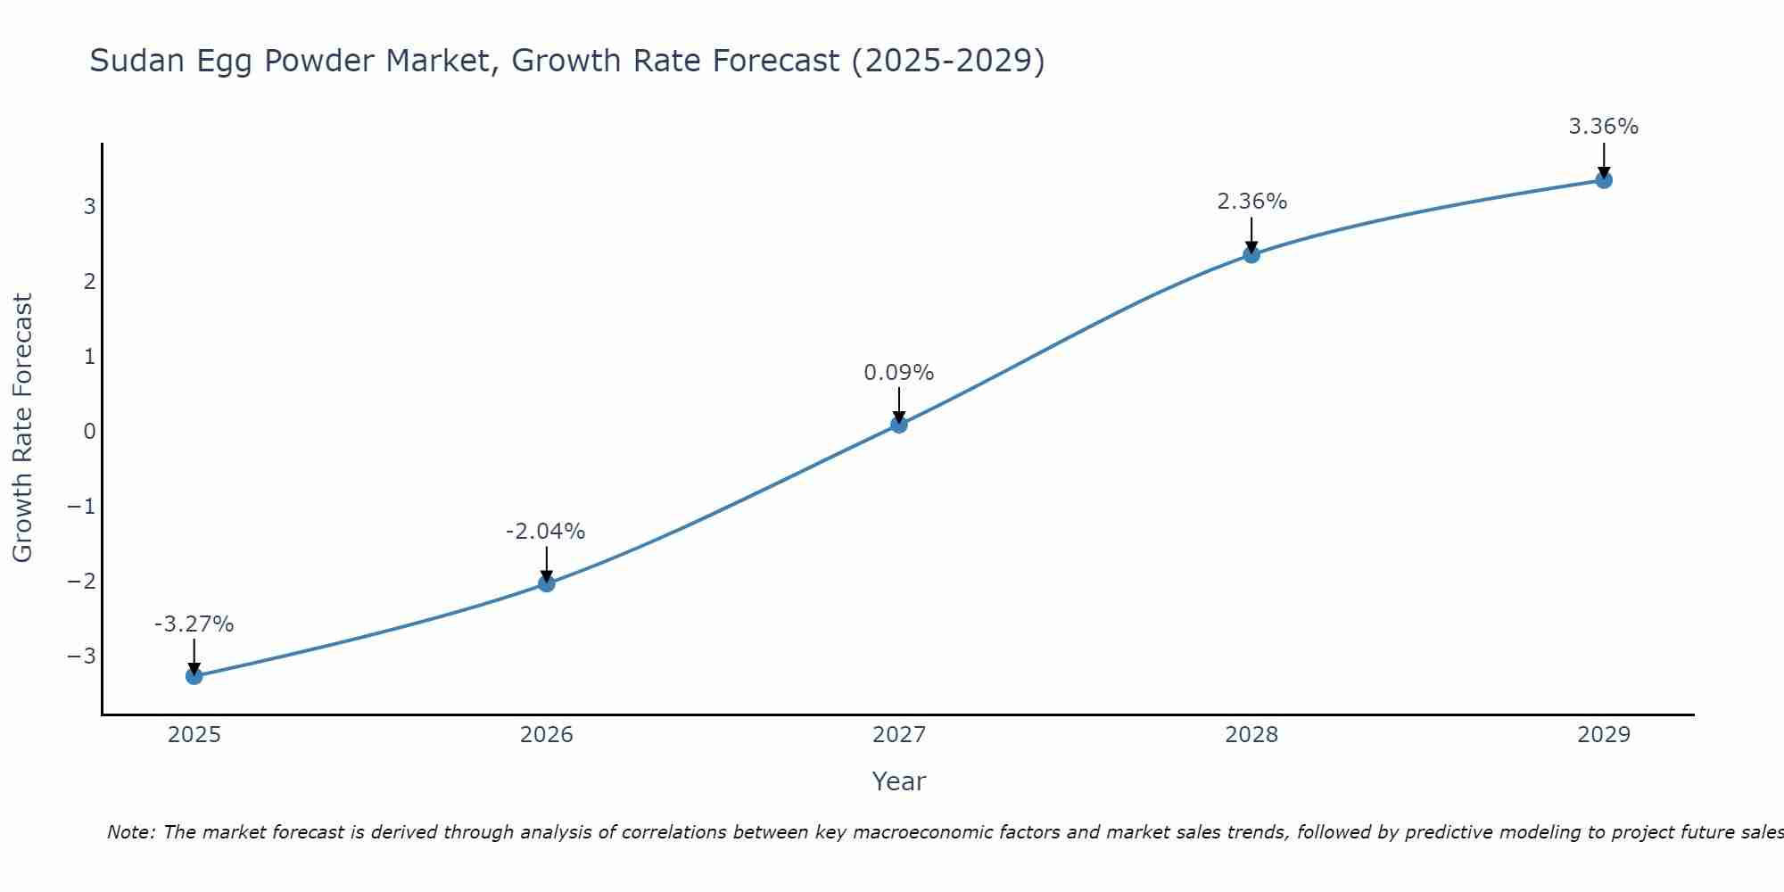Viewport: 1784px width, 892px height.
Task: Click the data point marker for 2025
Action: coord(194,676)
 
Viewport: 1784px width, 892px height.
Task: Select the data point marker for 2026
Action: coord(547,583)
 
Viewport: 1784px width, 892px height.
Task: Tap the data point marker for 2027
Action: coord(899,425)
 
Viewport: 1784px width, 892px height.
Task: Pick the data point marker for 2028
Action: coord(1251,254)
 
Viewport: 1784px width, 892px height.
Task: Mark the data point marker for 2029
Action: coord(1604,180)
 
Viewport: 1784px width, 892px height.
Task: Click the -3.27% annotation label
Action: coord(194,624)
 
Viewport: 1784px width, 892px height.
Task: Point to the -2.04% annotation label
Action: coord(546,532)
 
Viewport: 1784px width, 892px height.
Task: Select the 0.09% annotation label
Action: coord(899,373)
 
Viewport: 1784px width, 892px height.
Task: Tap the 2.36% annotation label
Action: coord(1251,202)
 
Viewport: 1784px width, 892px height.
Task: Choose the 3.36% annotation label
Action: coord(1604,127)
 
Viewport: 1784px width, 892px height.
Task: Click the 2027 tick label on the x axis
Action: coord(899,735)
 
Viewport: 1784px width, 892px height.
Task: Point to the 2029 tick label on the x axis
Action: coord(1604,735)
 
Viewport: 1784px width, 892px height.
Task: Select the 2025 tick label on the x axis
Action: coord(194,735)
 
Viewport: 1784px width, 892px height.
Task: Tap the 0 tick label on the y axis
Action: coord(89,432)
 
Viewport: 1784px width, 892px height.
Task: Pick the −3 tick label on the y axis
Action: coord(81,657)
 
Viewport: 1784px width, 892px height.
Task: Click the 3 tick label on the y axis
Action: coord(89,207)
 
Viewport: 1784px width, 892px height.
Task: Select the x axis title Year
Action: coord(899,781)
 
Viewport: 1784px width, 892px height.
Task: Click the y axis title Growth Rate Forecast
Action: coord(22,428)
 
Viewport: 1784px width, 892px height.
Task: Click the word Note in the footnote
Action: coord(130,832)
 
